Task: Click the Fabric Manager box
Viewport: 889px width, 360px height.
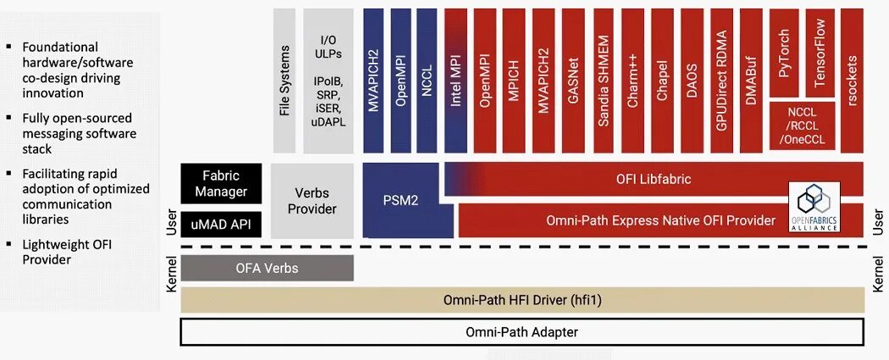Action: point(221,183)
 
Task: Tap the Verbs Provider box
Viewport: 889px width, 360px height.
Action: point(313,201)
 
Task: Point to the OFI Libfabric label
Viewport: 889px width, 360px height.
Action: point(653,179)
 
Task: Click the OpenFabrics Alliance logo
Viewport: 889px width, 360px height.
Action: point(814,207)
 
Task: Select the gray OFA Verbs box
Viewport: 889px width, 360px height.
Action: point(267,269)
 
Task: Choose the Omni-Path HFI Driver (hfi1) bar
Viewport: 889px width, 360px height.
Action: point(522,300)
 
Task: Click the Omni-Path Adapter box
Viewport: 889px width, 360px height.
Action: point(521,332)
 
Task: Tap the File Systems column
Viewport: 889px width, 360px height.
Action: point(285,80)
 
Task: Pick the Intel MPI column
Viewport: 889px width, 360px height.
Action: point(456,80)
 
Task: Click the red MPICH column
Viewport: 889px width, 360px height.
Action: point(514,80)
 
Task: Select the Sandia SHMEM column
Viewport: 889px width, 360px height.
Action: point(603,80)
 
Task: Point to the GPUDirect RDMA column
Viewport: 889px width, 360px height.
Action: point(721,80)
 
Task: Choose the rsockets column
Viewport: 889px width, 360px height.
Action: point(853,80)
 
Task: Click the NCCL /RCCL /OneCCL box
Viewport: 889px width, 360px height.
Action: point(803,125)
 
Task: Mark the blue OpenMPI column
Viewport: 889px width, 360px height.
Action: point(401,80)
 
